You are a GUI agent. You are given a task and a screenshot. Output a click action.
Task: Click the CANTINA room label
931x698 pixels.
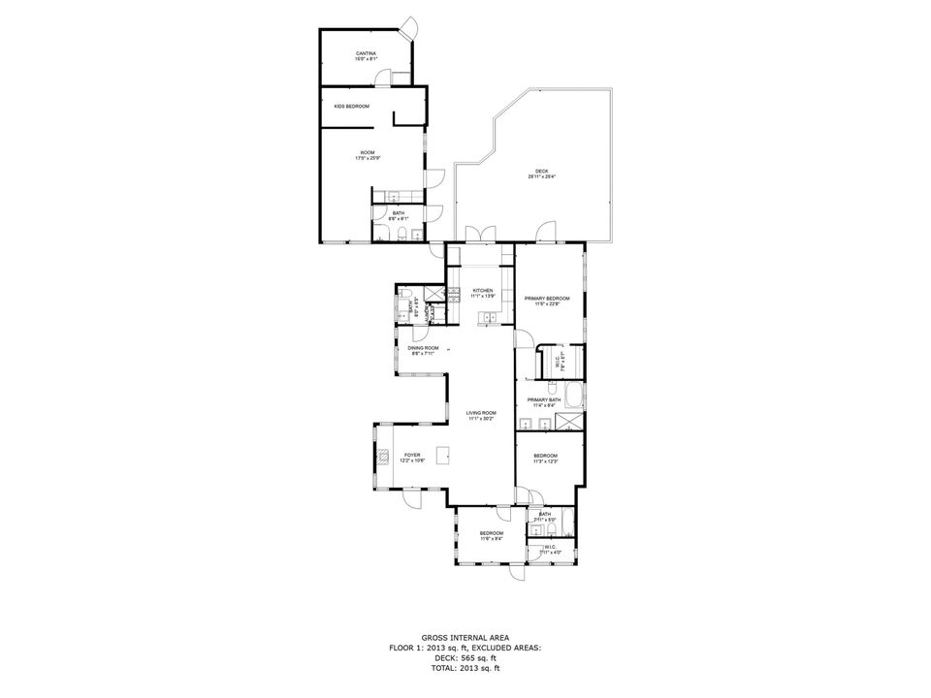click(x=366, y=53)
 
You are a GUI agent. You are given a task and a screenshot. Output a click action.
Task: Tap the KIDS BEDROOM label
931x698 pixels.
click(x=352, y=106)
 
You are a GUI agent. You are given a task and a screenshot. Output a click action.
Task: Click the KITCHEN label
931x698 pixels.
click(x=483, y=291)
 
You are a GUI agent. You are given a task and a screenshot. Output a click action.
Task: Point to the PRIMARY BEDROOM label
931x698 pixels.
click(x=547, y=298)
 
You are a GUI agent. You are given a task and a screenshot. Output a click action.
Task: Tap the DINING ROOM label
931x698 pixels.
click(x=423, y=348)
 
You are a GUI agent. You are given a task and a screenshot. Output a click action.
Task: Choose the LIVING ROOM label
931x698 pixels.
click(x=482, y=413)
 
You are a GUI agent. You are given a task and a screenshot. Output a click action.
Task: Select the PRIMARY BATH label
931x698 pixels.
click(x=544, y=399)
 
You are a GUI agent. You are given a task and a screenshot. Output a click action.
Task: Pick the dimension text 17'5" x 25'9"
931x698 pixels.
click(x=368, y=158)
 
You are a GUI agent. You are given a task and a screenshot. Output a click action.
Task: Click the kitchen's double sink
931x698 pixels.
click(x=494, y=316)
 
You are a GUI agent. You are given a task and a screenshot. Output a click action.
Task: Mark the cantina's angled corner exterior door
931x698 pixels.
click(x=410, y=26)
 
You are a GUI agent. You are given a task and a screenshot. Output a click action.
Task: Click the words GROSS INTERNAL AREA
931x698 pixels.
click(x=465, y=637)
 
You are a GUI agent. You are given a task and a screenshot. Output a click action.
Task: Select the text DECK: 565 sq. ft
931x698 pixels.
click(x=465, y=657)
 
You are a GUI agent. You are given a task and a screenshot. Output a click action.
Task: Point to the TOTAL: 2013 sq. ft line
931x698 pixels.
click(x=465, y=668)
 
